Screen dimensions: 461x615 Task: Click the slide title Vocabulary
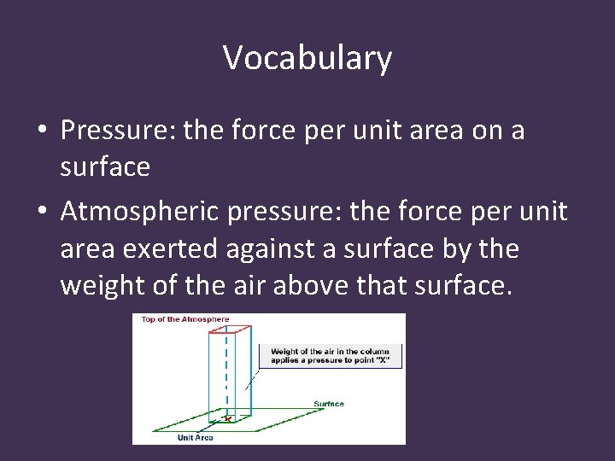307,58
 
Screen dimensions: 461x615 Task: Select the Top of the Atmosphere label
185,319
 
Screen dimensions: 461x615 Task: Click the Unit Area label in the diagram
195,437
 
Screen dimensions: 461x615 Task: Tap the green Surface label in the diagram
329,403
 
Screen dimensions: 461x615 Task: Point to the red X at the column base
226,418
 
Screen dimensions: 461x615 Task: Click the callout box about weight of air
329,355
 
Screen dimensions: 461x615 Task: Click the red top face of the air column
229,329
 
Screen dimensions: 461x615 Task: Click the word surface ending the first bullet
105,167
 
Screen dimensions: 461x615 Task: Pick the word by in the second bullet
464,249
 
